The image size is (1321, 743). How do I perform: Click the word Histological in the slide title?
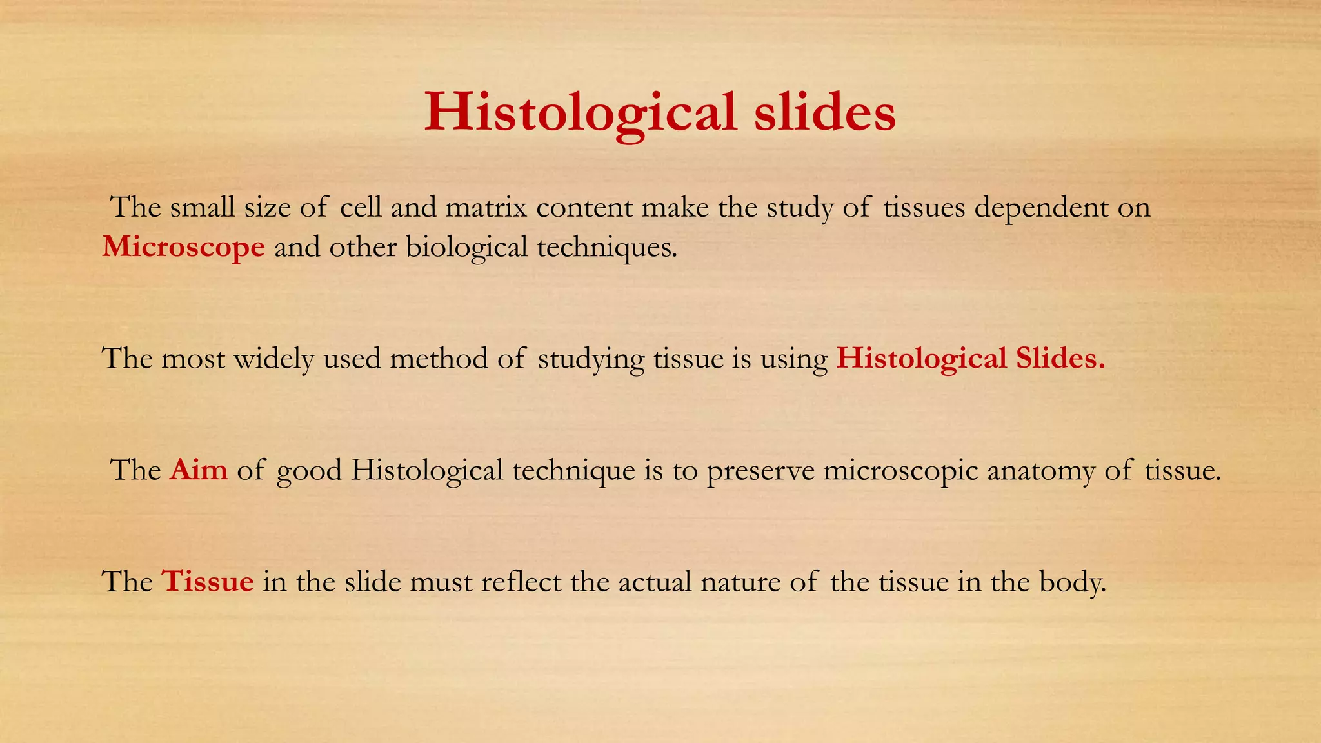coord(581,113)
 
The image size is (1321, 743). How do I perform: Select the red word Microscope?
coord(184,247)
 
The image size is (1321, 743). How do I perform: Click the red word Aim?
coord(199,470)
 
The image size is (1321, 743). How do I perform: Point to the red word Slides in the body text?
coord(1060,358)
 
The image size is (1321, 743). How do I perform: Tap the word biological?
coord(467,247)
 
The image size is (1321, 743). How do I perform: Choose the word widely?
coord(273,358)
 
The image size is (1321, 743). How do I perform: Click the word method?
coord(439,358)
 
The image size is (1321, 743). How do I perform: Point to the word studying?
coord(591,359)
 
